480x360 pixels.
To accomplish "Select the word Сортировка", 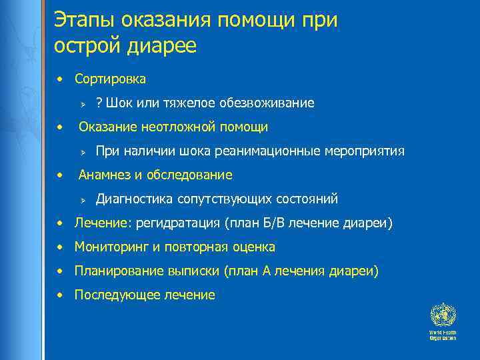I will [x=110, y=79].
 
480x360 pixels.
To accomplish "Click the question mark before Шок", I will [x=99, y=103].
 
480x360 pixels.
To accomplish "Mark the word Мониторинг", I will [x=112, y=247].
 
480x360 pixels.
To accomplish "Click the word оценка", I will [x=253, y=247].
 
